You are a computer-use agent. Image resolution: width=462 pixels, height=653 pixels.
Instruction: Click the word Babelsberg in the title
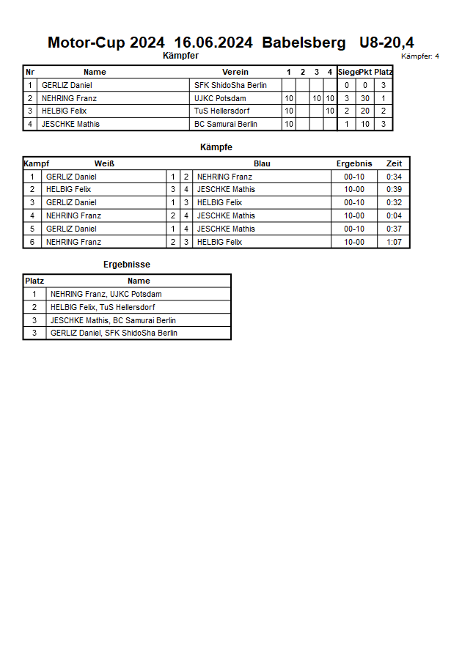coord(304,43)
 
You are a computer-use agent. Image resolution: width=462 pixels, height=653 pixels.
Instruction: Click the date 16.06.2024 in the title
coord(213,43)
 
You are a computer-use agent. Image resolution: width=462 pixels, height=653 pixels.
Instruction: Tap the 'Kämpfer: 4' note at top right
coord(420,56)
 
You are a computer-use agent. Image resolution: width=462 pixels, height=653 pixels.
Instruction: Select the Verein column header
coord(235,72)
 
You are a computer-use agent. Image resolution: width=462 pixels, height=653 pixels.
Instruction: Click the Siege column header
coord(348,72)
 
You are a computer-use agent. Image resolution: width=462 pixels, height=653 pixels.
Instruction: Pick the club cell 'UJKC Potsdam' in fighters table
coord(220,98)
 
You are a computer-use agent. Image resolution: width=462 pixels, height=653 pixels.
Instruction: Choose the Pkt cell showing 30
coord(364,98)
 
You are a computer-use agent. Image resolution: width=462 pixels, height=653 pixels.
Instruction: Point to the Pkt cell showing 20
coord(364,111)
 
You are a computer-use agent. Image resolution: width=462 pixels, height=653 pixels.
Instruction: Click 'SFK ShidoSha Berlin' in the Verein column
coord(230,85)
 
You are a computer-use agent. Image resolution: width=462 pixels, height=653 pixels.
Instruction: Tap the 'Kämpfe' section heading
coord(216,147)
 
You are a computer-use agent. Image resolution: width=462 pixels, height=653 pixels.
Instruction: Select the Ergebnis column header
coord(354,163)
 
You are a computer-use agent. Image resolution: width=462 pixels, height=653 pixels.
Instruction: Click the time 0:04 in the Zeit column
coord(394,215)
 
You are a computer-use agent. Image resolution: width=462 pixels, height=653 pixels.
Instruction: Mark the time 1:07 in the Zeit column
coord(394,242)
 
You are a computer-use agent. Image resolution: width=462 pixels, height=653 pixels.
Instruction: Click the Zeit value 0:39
coord(394,189)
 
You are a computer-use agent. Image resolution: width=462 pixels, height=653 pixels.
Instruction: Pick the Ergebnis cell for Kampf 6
coord(354,242)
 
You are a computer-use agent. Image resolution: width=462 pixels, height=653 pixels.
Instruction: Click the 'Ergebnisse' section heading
coord(127,265)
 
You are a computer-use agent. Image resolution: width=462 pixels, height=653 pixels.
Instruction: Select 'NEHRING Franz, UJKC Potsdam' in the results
coord(106,294)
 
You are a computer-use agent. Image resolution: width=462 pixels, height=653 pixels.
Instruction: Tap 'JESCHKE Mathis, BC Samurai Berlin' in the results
coord(113,320)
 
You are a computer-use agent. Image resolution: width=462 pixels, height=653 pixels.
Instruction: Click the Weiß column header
coord(104,163)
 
